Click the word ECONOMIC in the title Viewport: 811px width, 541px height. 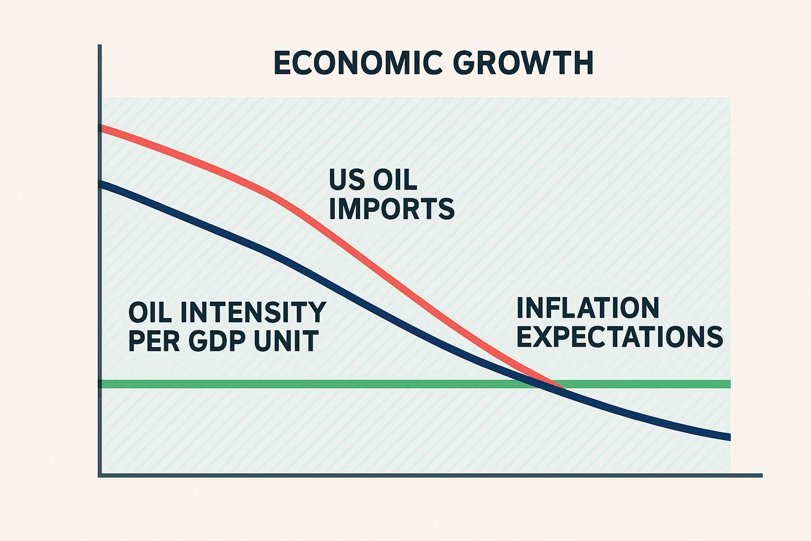pos(358,63)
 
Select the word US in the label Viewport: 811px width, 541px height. pos(346,180)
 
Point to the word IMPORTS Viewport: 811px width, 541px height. pos(391,209)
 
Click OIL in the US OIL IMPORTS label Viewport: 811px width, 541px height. pos(395,180)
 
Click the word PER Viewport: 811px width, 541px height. pos(150,341)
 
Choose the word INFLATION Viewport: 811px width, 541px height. pos(588,307)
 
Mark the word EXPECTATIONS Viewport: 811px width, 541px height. pos(619,337)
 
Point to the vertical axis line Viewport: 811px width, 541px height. pos(99,264)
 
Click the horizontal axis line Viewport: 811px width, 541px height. pos(422,475)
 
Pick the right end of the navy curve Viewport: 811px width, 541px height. pos(729,437)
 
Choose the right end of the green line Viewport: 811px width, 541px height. pos(729,384)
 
